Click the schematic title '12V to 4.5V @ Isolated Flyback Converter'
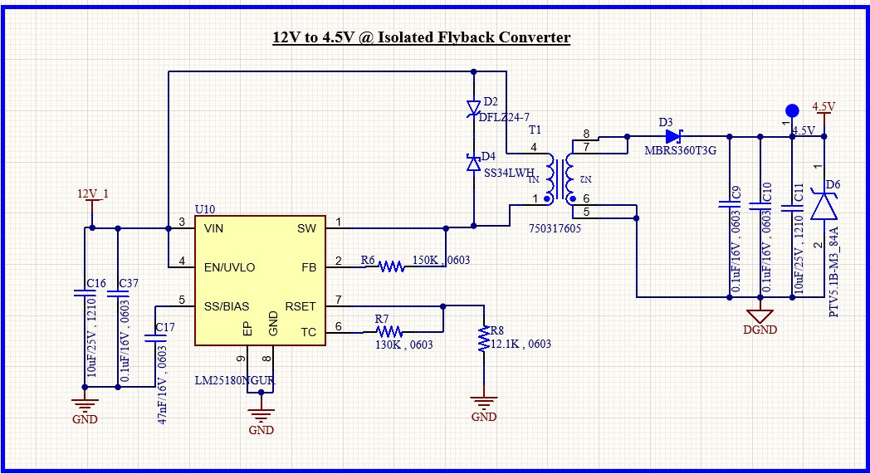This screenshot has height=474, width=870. tap(421, 37)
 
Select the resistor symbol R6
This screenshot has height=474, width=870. tap(391, 267)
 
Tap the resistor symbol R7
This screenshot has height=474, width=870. tap(389, 332)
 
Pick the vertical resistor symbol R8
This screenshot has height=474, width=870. tap(484, 338)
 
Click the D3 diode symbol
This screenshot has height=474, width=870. tap(673, 136)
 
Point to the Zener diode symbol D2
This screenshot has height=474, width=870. tap(473, 108)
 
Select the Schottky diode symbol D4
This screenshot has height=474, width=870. tap(473, 163)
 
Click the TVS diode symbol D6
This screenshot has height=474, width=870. tap(824, 204)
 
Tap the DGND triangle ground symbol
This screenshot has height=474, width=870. tap(760, 316)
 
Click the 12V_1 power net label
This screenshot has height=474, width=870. tap(93, 193)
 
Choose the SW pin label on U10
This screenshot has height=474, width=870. tap(306, 228)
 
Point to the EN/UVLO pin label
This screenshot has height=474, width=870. tap(229, 267)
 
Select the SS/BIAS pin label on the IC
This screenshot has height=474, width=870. tap(227, 306)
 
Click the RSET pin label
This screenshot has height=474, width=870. tap(301, 306)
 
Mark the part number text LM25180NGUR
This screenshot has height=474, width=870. tap(235, 381)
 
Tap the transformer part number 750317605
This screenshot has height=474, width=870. tap(555, 228)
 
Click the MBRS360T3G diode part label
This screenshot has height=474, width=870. tap(680, 150)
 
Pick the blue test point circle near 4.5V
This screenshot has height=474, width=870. tap(792, 111)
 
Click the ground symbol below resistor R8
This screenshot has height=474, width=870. tap(484, 403)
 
